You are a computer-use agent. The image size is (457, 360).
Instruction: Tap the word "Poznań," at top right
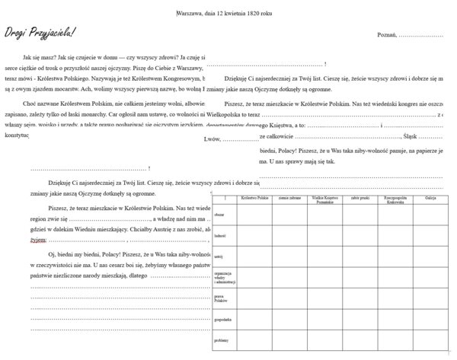pyautogui.click(x=386, y=35)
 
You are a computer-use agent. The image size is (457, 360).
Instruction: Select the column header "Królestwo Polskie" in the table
pyautogui.click(x=253, y=197)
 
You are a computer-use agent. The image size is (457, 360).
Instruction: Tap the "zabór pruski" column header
pyautogui.click(x=361, y=197)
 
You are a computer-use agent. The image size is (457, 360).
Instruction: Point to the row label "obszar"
pyautogui.click(x=219, y=215)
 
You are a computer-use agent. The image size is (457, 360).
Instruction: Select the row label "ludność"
pyautogui.click(x=220, y=236)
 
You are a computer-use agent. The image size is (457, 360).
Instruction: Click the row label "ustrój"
pyautogui.click(x=219, y=256)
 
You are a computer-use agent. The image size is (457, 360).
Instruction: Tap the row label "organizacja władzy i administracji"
pyautogui.click(x=222, y=277)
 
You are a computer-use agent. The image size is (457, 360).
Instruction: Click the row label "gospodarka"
pyautogui.click(x=222, y=320)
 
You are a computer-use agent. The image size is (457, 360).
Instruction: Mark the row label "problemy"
pyautogui.click(x=222, y=340)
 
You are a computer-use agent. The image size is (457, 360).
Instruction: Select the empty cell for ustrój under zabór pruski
pyautogui.click(x=361, y=256)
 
